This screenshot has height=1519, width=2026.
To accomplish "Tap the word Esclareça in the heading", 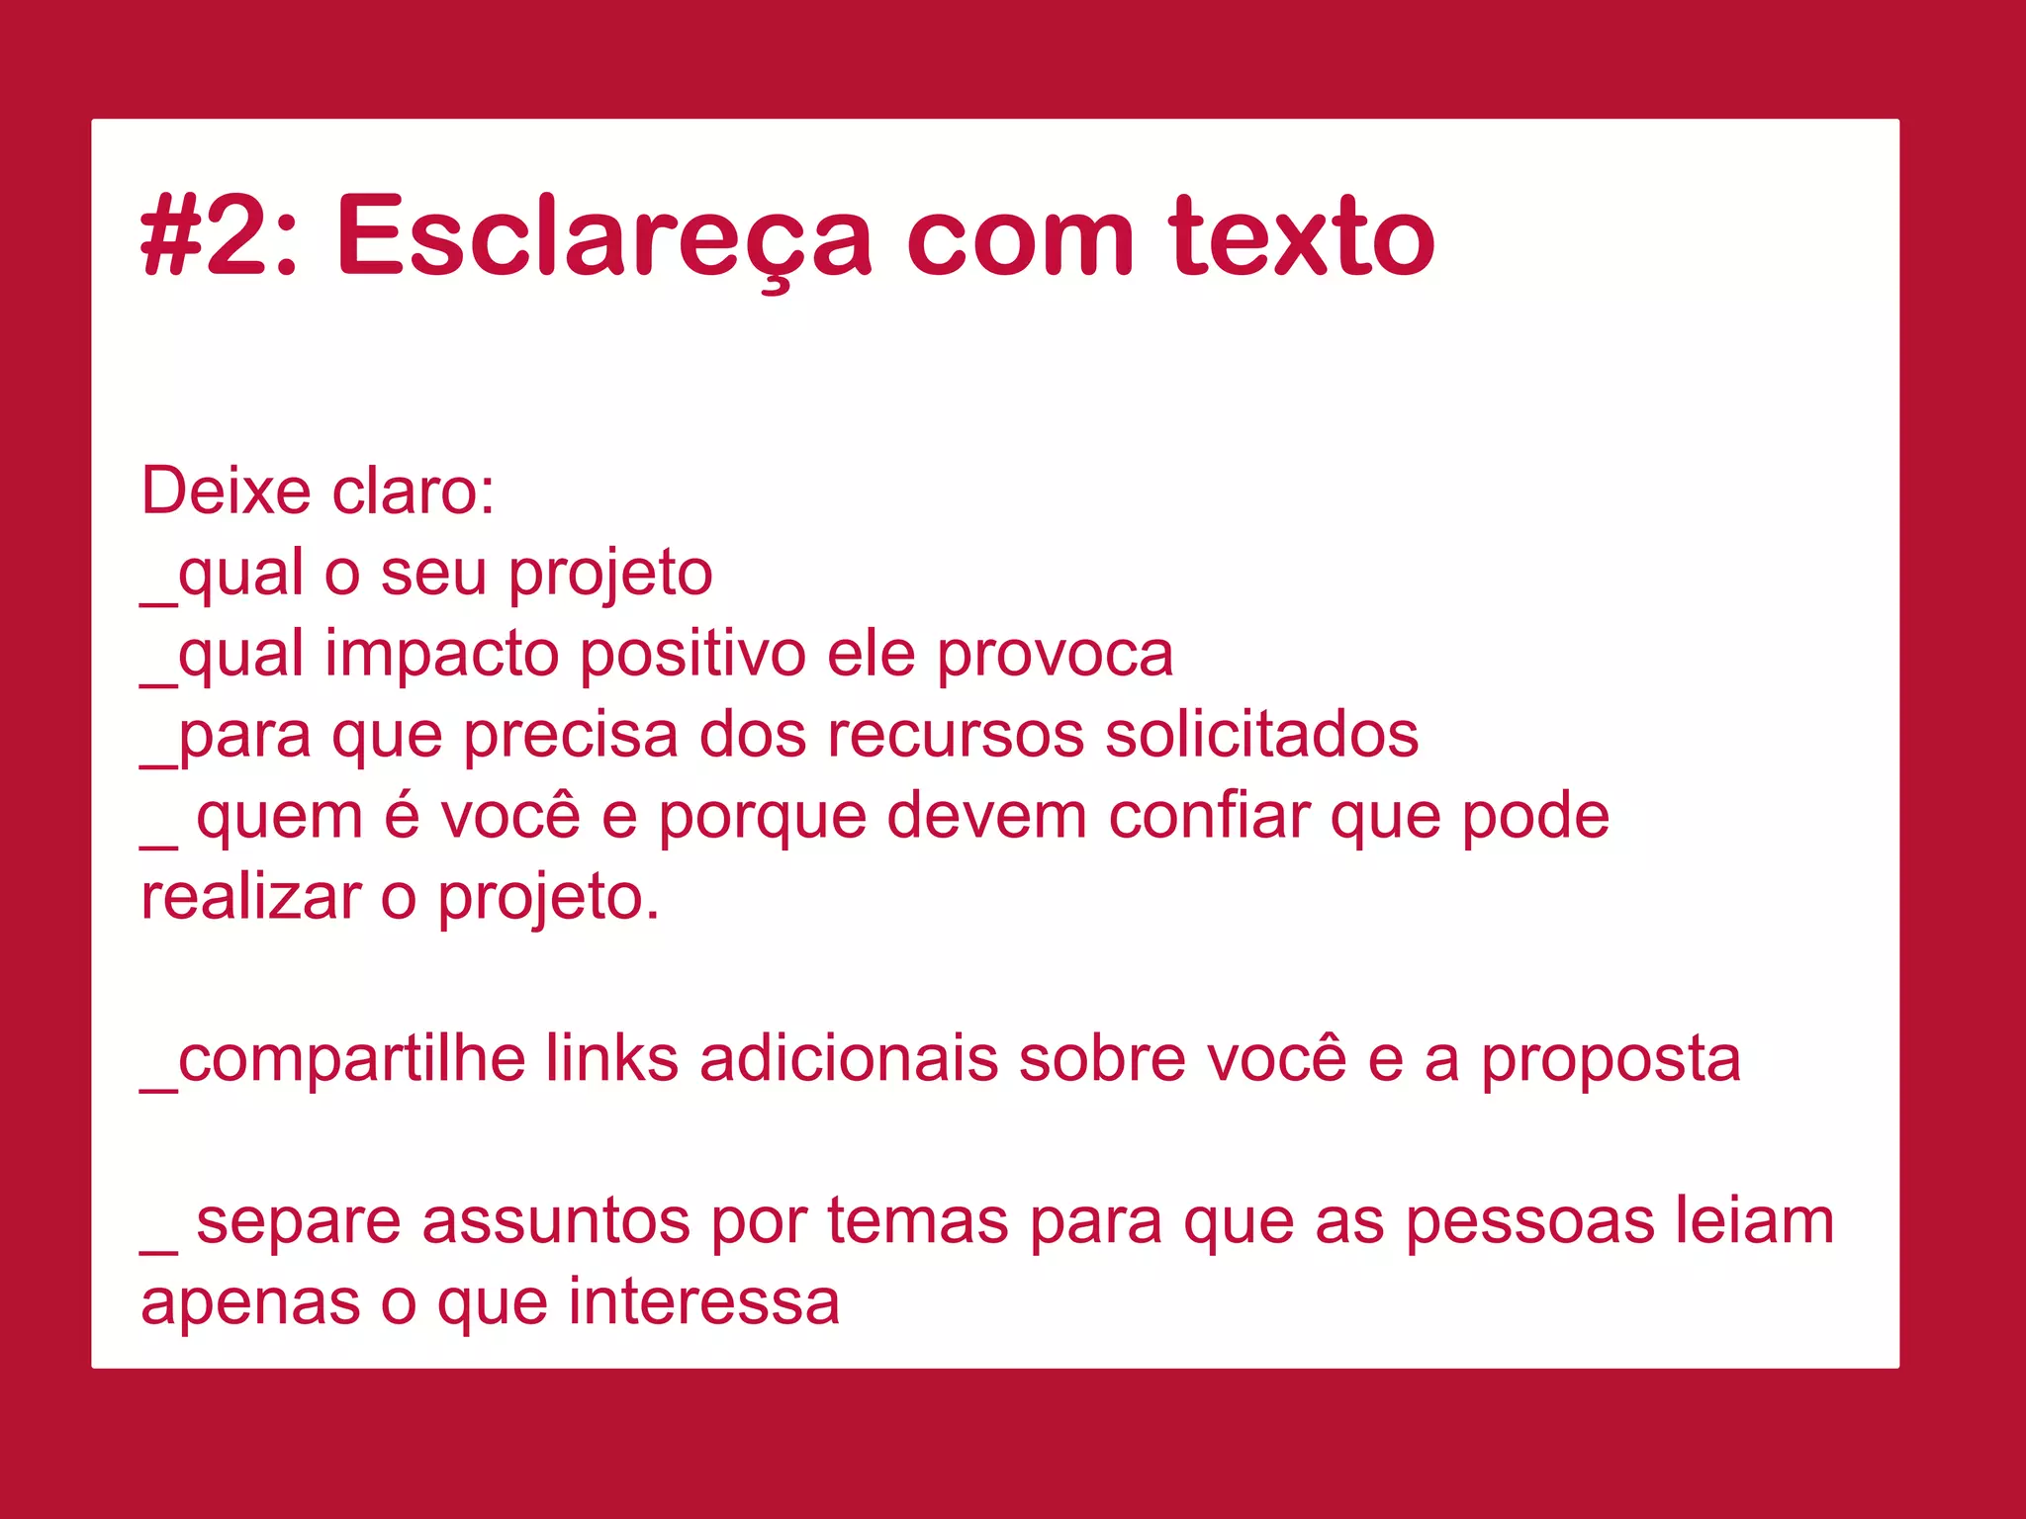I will click(x=603, y=237).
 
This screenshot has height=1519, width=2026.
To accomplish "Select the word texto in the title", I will click(x=1301, y=237).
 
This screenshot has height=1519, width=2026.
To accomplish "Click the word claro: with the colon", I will click(x=414, y=491).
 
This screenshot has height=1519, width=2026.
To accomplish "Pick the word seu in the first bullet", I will click(x=433, y=573).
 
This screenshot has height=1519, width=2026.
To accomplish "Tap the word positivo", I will click(x=692, y=655).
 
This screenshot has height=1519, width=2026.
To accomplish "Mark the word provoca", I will click(x=1055, y=655).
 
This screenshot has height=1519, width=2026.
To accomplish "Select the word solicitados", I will click(x=1261, y=736).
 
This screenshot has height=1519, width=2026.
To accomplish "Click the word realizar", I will click(x=251, y=898).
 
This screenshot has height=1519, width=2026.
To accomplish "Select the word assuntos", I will click(x=557, y=1222).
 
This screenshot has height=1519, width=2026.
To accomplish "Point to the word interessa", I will click(x=703, y=1303).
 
